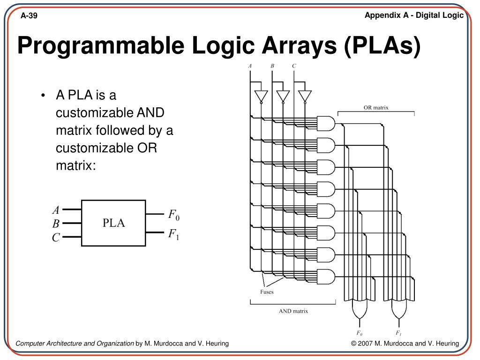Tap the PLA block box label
(x=114, y=223)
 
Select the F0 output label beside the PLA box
(x=174, y=215)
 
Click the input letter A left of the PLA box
(x=56, y=210)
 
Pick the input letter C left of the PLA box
(x=56, y=238)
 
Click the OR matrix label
(x=376, y=107)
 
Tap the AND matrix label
(x=293, y=311)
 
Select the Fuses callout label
(x=267, y=292)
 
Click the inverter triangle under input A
(x=261, y=96)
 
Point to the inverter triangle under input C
(x=305, y=96)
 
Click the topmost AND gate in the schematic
(x=326, y=123)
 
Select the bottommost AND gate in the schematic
(x=326, y=276)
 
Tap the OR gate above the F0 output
(x=360, y=308)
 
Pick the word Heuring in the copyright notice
(x=447, y=344)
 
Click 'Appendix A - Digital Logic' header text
(x=414, y=15)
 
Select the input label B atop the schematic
(x=272, y=66)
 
